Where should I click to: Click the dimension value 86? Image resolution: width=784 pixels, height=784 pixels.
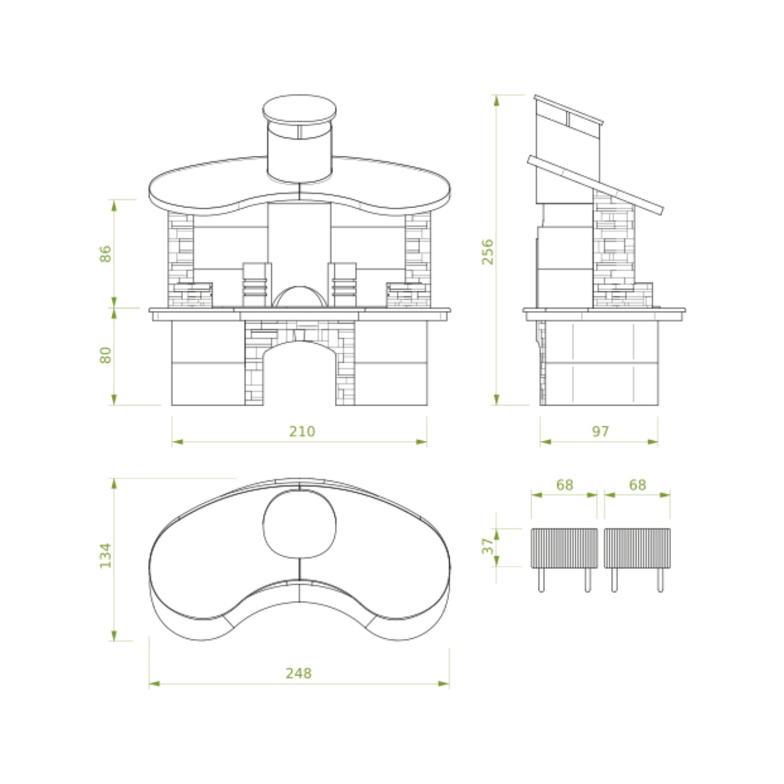(106, 254)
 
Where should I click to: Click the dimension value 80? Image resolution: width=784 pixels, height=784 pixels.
(106, 355)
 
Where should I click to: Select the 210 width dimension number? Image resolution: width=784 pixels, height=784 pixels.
(302, 431)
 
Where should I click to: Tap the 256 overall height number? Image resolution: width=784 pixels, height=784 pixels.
(488, 252)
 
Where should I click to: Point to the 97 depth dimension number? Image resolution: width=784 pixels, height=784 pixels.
(600, 431)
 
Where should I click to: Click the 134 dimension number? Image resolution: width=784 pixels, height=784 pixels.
(106, 555)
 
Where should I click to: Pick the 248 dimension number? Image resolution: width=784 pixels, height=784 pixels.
(299, 673)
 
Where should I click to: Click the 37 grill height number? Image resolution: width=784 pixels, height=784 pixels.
(488, 546)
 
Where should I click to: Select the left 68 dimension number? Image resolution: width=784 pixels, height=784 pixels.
(565, 485)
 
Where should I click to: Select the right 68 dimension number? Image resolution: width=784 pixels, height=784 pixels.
(637, 485)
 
